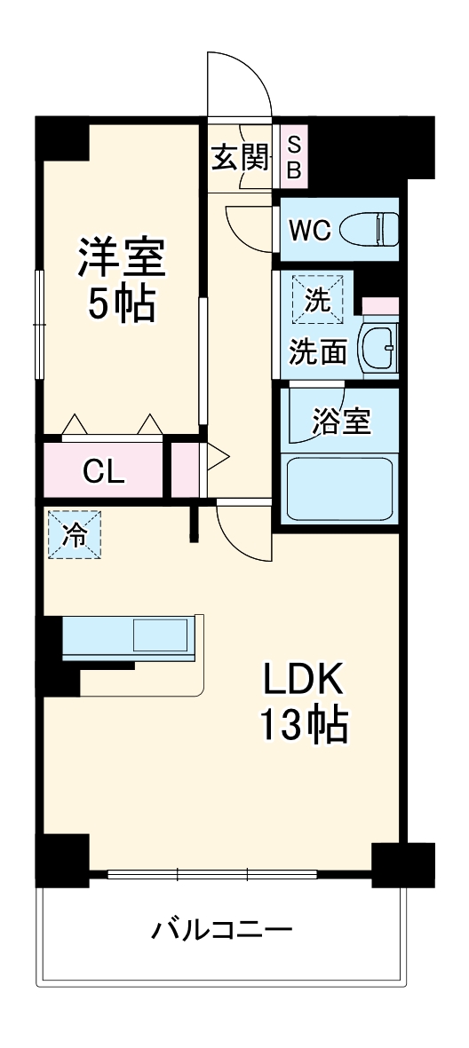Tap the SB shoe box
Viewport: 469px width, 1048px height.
tap(293, 156)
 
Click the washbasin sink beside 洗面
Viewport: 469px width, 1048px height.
tap(379, 349)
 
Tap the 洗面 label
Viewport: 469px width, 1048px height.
tap(317, 353)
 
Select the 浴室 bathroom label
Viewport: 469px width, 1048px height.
tap(341, 422)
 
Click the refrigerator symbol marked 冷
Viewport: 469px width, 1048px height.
tap(75, 534)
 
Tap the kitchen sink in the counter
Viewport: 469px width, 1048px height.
tap(161, 636)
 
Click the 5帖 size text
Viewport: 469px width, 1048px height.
tap(121, 304)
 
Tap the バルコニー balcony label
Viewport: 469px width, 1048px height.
tap(221, 931)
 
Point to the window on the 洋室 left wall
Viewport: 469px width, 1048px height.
tap(39, 323)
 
